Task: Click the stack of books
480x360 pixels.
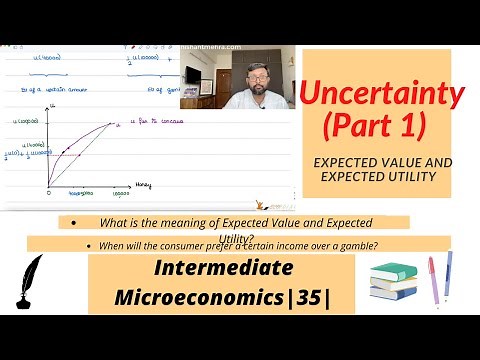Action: tap(393, 282)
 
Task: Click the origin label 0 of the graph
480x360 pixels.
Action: tap(48, 191)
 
